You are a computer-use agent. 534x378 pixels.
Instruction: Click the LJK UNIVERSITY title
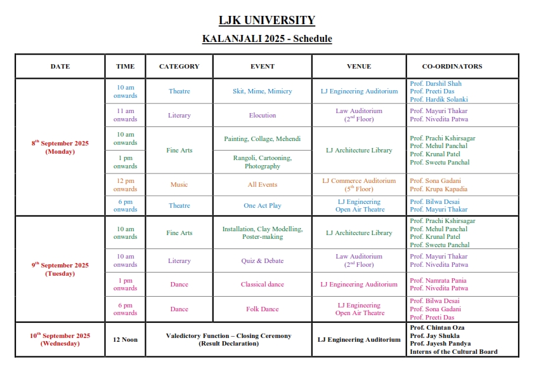pos(266,20)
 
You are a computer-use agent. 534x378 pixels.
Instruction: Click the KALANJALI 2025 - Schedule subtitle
pos(266,39)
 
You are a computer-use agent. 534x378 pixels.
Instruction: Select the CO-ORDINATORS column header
pos(452,66)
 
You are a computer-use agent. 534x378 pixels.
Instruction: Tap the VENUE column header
pos(359,66)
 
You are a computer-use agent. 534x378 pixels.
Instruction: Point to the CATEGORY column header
pos(179,66)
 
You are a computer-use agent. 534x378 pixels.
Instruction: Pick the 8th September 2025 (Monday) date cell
pos(60,147)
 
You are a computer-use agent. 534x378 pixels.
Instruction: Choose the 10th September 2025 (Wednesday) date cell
pos(60,339)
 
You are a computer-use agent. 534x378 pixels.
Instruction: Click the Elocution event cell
pos(262,116)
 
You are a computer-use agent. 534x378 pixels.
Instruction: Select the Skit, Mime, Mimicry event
pos(262,91)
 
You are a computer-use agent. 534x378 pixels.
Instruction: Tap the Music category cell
pos(179,185)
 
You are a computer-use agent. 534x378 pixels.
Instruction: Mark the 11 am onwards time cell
pos(125,115)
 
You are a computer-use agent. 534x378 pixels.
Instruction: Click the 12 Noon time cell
pos(125,339)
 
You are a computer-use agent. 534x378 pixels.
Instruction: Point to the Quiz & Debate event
pos(262,260)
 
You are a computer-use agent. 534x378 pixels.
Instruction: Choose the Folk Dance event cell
pos(262,309)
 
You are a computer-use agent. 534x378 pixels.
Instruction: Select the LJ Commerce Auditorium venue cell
pos(359,185)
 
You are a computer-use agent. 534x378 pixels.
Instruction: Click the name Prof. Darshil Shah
pos(436,83)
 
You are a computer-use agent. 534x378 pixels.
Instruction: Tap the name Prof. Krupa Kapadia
pos(438,189)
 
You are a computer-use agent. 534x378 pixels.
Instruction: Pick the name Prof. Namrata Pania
pos(438,280)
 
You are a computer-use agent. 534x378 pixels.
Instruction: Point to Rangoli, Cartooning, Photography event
pos(262,162)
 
